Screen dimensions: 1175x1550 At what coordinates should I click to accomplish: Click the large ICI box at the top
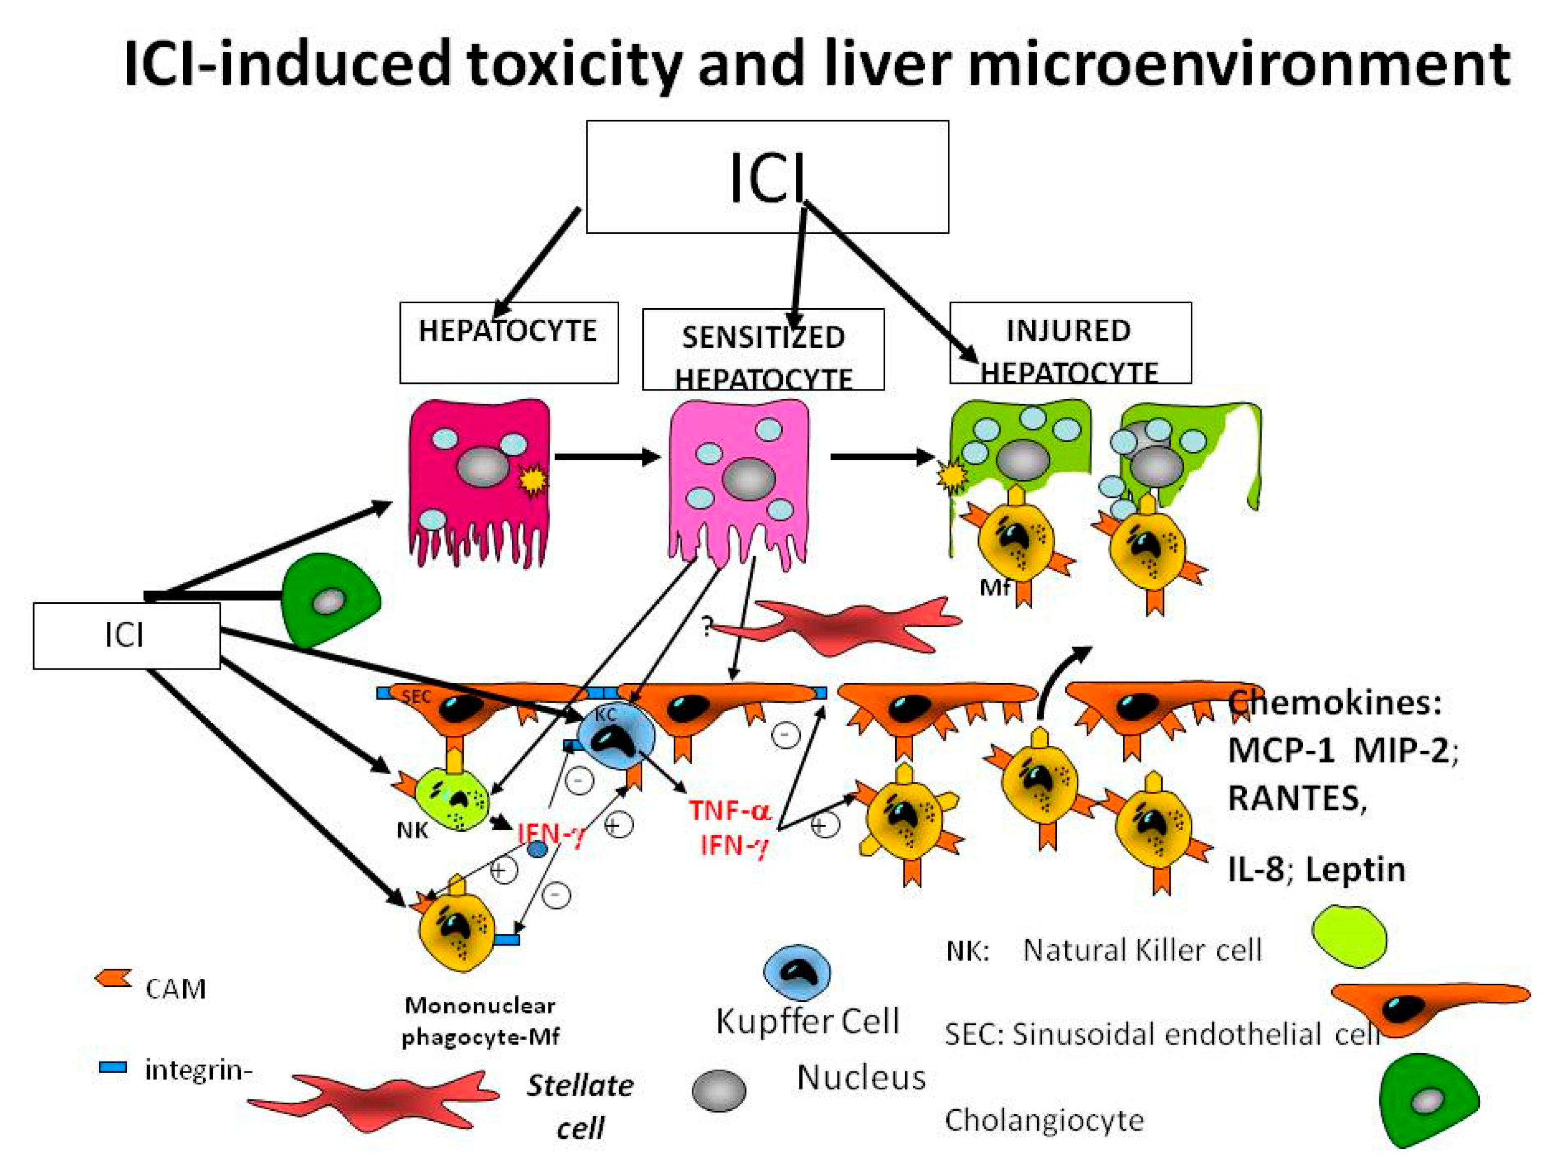click(x=767, y=177)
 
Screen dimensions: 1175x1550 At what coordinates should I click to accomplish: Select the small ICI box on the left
click(x=126, y=635)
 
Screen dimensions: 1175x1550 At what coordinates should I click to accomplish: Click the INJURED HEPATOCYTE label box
click(x=1069, y=342)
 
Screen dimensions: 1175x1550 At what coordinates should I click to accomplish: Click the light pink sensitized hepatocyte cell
click(x=739, y=477)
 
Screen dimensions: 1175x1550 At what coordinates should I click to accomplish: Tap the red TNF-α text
click(x=730, y=811)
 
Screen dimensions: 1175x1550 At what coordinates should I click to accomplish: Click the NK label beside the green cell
click(x=412, y=831)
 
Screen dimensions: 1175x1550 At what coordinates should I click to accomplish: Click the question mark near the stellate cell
click(x=707, y=625)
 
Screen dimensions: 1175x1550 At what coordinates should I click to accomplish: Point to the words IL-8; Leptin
click(x=1316, y=869)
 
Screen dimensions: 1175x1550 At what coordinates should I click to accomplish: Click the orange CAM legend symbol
click(x=113, y=979)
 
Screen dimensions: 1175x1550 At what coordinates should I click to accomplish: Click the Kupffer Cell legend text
click(x=806, y=1021)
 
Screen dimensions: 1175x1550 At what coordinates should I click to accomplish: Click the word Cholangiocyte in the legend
click(x=1043, y=1120)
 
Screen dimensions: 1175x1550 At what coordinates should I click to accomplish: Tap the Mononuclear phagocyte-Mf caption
click(x=480, y=1021)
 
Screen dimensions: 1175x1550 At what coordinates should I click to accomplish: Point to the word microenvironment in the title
click(x=1238, y=65)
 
